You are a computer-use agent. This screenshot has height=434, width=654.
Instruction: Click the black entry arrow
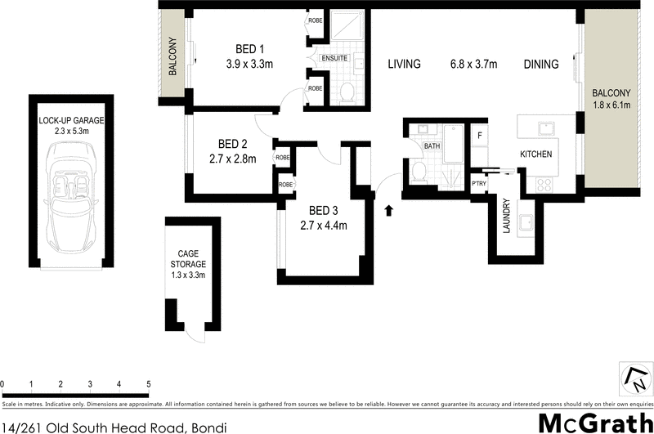[x=389, y=210]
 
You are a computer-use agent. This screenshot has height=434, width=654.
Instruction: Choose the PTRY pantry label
[x=479, y=183]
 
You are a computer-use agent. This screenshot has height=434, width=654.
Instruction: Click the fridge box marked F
[x=480, y=135]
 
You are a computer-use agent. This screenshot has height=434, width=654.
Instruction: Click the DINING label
[x=542, y=65]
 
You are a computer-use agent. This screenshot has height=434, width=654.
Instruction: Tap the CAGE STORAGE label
[x=189, y=259]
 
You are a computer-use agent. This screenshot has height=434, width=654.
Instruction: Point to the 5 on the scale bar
[x=149, y=383]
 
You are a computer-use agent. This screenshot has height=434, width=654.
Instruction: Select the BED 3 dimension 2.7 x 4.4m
[x=325, y=226]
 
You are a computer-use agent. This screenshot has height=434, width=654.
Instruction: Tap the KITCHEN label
[x=536, y=154]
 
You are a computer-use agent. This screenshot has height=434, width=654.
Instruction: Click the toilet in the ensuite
[x=346, y=92]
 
